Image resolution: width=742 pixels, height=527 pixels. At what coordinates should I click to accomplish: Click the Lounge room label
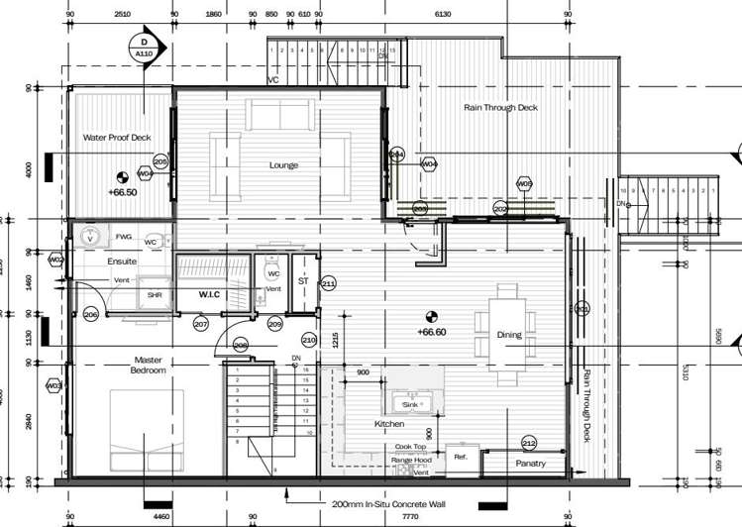[x=283, y=164]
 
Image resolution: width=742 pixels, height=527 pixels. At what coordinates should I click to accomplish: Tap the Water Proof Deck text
[x=117, y=138]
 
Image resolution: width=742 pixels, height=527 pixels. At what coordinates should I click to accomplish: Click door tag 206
[x=91, y=314]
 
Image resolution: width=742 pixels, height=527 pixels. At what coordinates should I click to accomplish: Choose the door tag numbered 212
[x=529, y=443]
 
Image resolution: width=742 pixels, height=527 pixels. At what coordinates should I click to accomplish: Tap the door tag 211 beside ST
[x=328, y=284]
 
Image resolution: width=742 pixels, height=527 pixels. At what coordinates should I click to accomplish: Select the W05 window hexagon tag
[x=524, y=184]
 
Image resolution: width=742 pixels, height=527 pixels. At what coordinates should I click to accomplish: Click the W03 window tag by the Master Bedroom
[x=53, y=385]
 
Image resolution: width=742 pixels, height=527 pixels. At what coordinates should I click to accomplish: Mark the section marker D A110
[x=144, y=48]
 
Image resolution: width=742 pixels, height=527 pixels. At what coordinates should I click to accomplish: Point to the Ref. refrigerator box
[x=461, y=458]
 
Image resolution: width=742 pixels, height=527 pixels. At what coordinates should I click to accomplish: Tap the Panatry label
[x=531, y=463]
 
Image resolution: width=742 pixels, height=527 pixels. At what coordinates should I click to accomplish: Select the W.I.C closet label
[x=209, y=293]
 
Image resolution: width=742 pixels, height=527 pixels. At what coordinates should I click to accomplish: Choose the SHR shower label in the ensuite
[x=155, y=294]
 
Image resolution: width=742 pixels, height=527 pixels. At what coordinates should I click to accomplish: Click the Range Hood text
[x=410, y=461]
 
